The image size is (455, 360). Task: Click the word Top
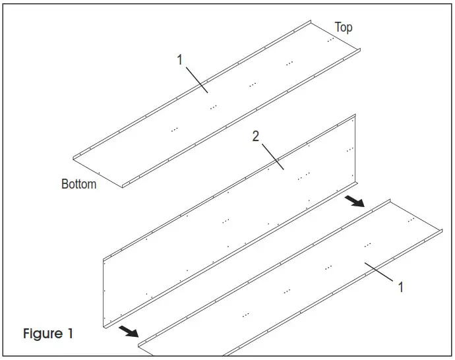coord(344,27)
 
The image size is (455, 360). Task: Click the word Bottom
coord(78,184)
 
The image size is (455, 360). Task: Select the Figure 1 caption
coord(48,334)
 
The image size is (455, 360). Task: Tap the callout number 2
coord(256,136)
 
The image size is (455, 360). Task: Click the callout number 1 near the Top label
coord(179,60)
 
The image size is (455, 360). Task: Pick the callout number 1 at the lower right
coord(400,287)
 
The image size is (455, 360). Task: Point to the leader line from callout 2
coord(271,154)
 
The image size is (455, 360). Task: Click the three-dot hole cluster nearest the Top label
coord(329,40)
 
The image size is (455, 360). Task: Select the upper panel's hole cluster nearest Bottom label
coord(174,130)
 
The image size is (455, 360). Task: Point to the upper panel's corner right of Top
coord(362,48)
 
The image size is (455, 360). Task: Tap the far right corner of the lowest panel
coord(440,230)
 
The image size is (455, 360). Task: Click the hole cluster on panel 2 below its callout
coord(303,177)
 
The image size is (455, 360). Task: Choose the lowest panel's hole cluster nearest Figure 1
coord(245,315)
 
